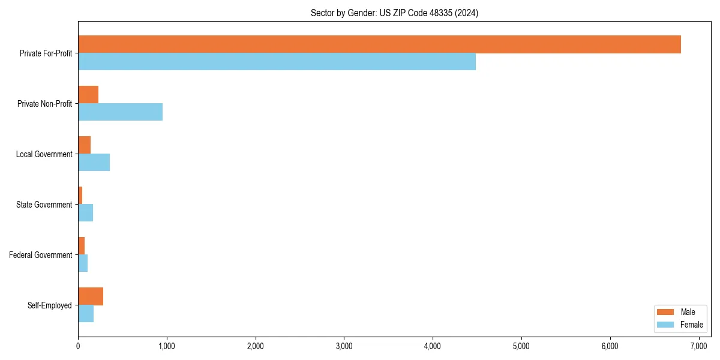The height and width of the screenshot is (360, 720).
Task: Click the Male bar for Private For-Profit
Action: pos(379,44)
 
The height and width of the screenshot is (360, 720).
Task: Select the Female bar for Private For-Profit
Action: pos(277,61)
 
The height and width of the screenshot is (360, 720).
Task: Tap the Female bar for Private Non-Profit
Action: pos(120,112)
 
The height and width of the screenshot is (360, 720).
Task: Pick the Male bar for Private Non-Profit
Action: pos(88,95)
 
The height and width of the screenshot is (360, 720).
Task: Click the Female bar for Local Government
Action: pos(94,162)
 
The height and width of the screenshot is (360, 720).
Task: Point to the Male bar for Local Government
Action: pos(84,145)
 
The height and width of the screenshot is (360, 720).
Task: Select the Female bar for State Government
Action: pos(85,212)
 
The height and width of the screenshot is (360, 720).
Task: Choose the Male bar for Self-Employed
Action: pos(91,296)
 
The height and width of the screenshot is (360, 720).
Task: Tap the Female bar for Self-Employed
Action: pos(86,313)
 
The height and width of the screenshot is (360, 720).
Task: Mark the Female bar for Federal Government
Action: pos(83,263)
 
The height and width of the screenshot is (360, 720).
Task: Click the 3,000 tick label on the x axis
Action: pos(344,346)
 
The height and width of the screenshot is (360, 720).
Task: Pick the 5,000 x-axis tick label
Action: pos(521,346)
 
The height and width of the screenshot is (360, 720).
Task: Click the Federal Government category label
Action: pos(41,255)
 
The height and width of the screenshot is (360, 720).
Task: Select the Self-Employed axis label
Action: pos(50,305)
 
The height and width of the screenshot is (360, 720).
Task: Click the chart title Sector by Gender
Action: pos(394,13)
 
